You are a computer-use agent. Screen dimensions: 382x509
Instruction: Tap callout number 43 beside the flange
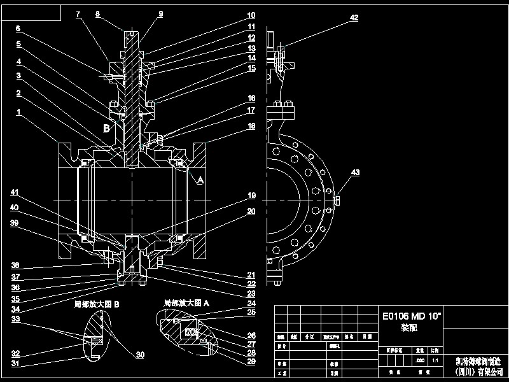(355, 173)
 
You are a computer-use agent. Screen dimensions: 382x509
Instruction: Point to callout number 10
(251, 15)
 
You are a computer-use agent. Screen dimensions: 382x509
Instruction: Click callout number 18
(251, 127)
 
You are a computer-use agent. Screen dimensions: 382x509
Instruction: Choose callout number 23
(251, 295)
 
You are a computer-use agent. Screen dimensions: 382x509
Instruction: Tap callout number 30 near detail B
(139, 355)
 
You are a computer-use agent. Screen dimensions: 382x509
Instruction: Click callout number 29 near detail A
(251, 362)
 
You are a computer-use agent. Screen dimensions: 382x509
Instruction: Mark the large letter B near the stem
(107, 128)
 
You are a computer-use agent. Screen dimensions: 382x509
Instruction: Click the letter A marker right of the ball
(200, 181)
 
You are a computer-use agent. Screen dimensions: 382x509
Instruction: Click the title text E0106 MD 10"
(411, 315)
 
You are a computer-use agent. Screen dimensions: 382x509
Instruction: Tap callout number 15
(251, 67)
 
